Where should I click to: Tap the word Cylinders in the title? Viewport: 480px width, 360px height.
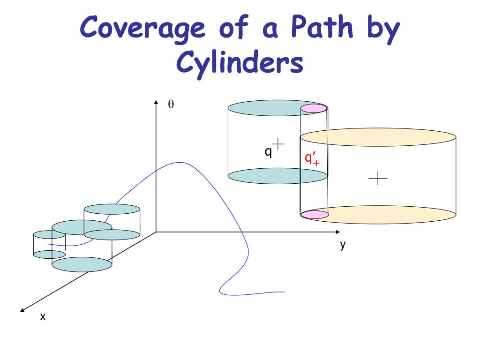[x=239, y=64]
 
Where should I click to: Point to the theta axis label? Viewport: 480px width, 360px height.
[x=171, y=105]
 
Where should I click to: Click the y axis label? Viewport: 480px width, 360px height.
[x=343, y=245]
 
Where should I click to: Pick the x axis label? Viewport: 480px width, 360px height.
[x=43, y=317]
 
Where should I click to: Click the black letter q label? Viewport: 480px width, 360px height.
[x=268, y=151]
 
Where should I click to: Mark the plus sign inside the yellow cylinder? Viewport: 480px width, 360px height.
[x=378, y=178]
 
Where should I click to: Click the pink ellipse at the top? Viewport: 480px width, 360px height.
[x=313, y=109]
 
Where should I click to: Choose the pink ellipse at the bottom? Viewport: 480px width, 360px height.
[x=314, y=215]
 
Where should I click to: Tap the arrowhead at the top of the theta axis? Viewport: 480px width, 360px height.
[x=156, y=102]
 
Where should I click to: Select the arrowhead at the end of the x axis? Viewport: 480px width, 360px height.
[x=22, y=309]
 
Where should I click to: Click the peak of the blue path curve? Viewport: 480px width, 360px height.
[x=180, y=162]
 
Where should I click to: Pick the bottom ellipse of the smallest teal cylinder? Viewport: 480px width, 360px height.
[x=49, y=255]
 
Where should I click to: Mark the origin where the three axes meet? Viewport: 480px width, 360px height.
[x=156, y=232]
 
